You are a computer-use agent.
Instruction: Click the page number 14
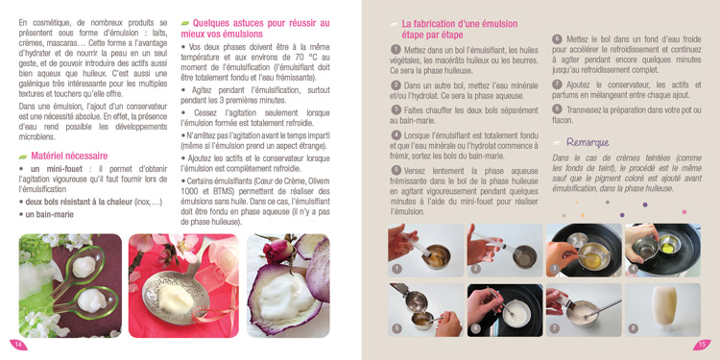(x=18, y=345)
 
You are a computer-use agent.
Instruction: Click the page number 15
(x=702, y=346)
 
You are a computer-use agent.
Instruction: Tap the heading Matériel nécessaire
(x=69, y=156)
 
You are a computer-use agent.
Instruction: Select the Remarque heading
(x=588, y=142)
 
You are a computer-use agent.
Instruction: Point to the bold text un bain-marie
(x=49, y=214)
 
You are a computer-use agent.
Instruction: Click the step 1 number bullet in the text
(x=396, y=49)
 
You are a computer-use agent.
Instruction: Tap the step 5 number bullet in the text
(x=396, y=170)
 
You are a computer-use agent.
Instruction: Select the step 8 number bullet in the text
(x=557, y=109)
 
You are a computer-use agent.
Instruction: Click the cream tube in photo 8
(x=664, y=306)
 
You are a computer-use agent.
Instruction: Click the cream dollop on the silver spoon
(x=176, y=298)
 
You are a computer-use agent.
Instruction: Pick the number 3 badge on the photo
(x=555, y=269)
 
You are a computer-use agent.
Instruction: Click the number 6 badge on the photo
(x=476, y=328)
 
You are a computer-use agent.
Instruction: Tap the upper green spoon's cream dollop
(x=84, y=267)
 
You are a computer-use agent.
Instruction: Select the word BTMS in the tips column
(x=223, y=191)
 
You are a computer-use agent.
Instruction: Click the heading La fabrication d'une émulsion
(x=460, y=24)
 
